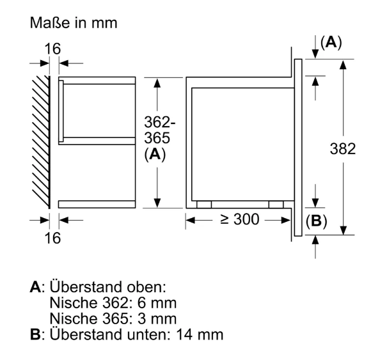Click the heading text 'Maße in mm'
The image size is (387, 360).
(x=74, y=23)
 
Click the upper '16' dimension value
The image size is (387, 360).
(x=52, y=49)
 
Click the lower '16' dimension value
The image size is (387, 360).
(x=52, y=238)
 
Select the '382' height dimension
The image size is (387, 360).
(x=343, y=149)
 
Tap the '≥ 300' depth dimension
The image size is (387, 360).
(x=240, y=219)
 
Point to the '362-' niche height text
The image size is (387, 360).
(x=160, y=122)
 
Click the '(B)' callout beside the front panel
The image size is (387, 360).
(x=316, y=221)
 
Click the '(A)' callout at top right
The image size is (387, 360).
(x=331, y=42)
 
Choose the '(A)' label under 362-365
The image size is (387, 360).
(x=155, y=155)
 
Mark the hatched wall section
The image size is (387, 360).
(x=41, y=142)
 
